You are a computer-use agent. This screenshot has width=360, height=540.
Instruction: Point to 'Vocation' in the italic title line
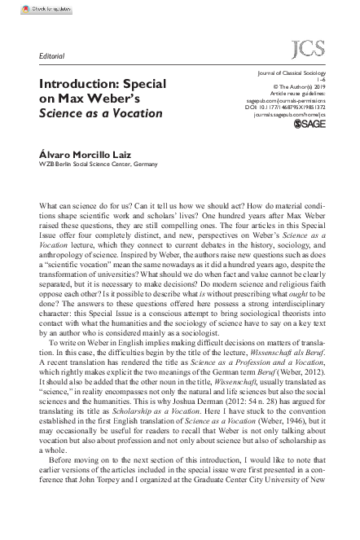click(x=137, y=113)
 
